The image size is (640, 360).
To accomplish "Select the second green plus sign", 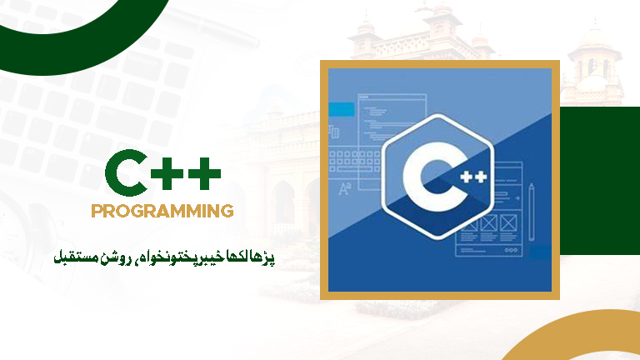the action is pos(204,173).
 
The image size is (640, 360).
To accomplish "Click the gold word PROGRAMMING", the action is pos(162,211).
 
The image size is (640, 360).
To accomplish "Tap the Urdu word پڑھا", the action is pos(263,257).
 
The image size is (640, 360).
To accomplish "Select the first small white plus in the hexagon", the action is pos(466,177).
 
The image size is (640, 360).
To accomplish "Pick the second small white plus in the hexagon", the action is pos(480,177).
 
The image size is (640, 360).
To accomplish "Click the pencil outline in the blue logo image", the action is pos(532,212).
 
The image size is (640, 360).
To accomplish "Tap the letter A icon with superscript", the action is pos(344,189).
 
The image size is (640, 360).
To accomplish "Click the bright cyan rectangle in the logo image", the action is pos(341,109).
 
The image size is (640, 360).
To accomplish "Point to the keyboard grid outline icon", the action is pos(354,162).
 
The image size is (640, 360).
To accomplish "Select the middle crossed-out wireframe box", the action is pos(488,223).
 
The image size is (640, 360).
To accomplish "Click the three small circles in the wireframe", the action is pos(512,251).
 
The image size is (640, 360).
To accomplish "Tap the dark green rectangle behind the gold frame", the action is pos(600,181).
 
